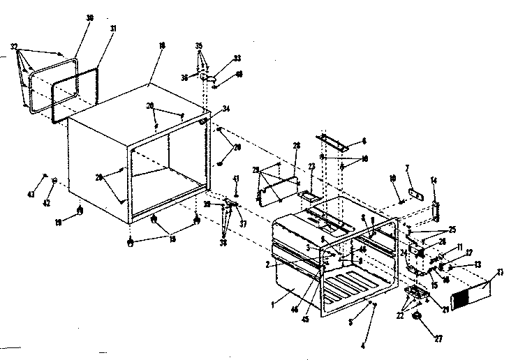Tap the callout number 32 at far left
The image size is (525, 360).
(x=14, y=47)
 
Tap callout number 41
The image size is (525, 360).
(x=236, y=179)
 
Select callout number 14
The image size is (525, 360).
(x=434, y=181)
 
